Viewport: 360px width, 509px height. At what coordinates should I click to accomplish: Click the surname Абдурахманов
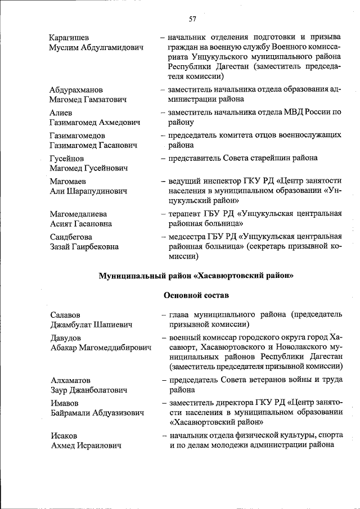(76, 89)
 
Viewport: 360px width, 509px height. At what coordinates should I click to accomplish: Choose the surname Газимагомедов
(78, 136)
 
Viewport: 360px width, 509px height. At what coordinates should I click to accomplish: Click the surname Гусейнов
(66, 159)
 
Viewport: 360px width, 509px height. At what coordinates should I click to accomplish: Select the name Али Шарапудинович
(88, 191)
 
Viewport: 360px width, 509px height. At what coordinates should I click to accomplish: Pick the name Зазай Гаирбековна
(84, 246)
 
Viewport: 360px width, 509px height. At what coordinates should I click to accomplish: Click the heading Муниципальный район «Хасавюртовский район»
(196, 276)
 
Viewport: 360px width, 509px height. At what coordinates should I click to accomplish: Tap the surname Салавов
(65, 315)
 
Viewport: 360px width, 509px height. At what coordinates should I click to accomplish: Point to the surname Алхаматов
(70, 380)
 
